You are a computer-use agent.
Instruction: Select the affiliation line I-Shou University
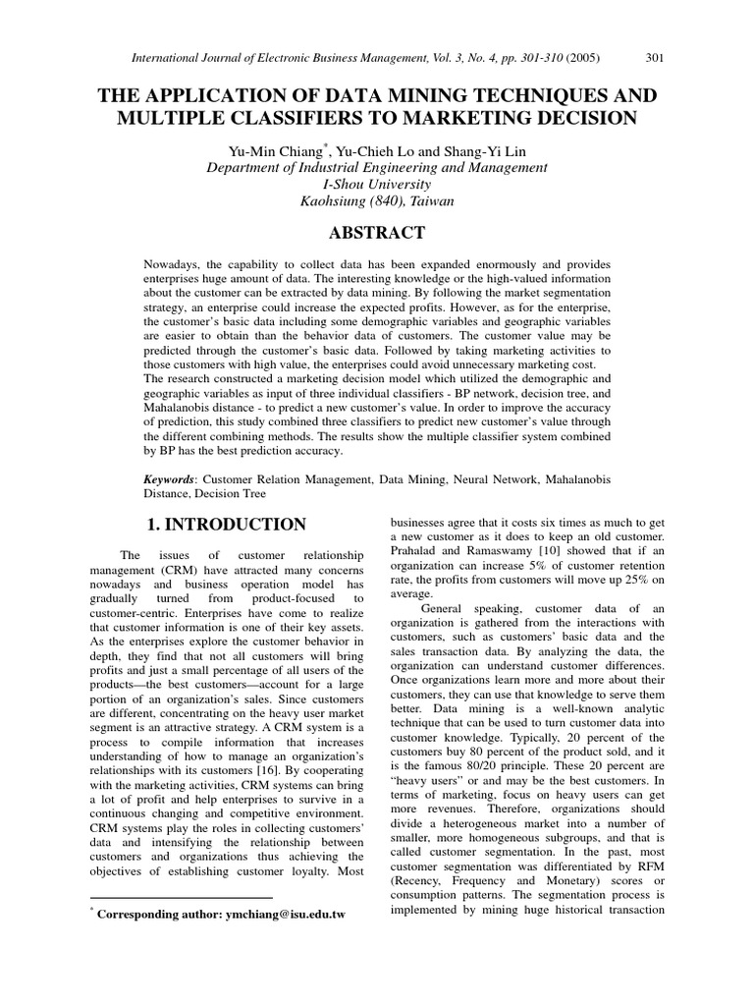coord(376,185)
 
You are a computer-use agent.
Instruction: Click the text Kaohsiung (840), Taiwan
coord(376,202)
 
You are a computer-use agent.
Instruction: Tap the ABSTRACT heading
coord(377,233)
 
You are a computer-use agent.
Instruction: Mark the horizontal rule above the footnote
coord(181,898)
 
